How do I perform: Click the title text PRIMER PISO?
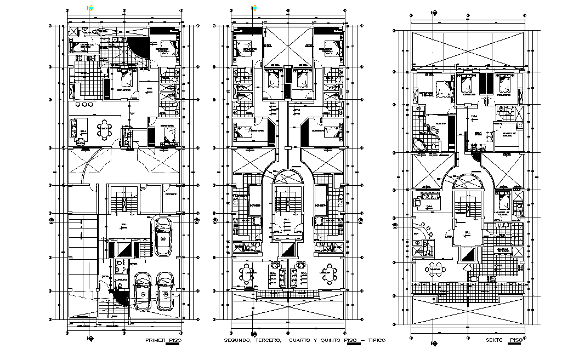[x=163, y=340]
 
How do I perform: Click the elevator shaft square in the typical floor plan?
[x=287, y=250]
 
